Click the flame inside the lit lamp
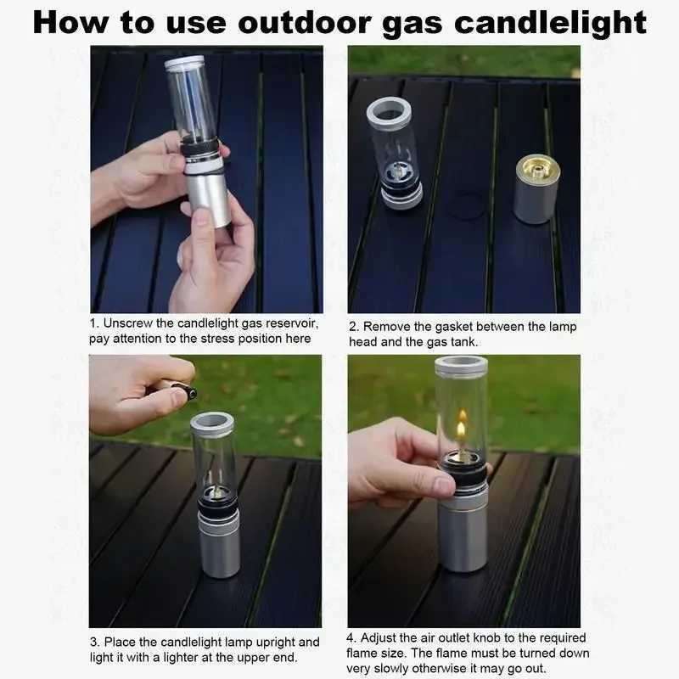(462, 429)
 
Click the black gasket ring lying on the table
(466, 205)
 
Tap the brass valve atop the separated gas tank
(536, 166)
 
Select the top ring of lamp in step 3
(211, 422)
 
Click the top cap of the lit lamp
(461, 366)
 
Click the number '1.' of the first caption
(94, 323)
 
